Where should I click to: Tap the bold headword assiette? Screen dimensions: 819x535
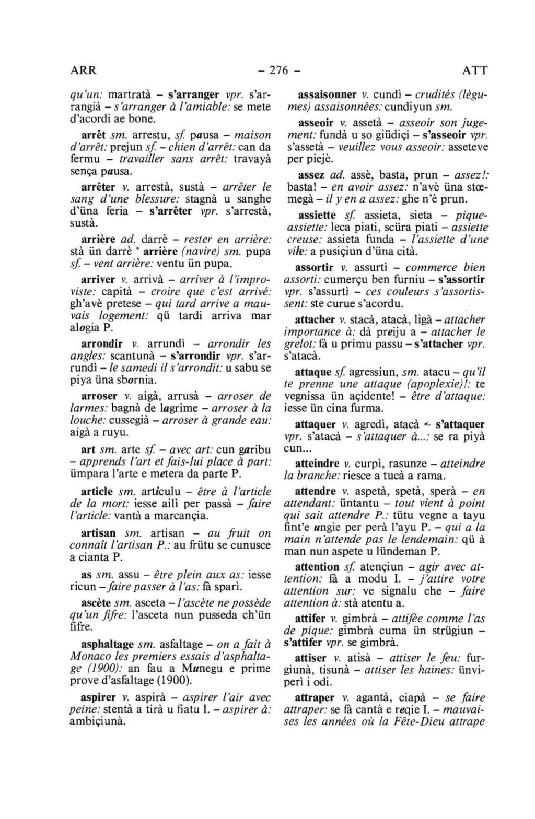pyautogui.click(x=316, y=215)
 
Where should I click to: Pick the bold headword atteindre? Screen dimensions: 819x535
pyautogui.click(x=317, y=464)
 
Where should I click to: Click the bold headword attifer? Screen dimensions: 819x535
pyautogui.click(x=310, y=619)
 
